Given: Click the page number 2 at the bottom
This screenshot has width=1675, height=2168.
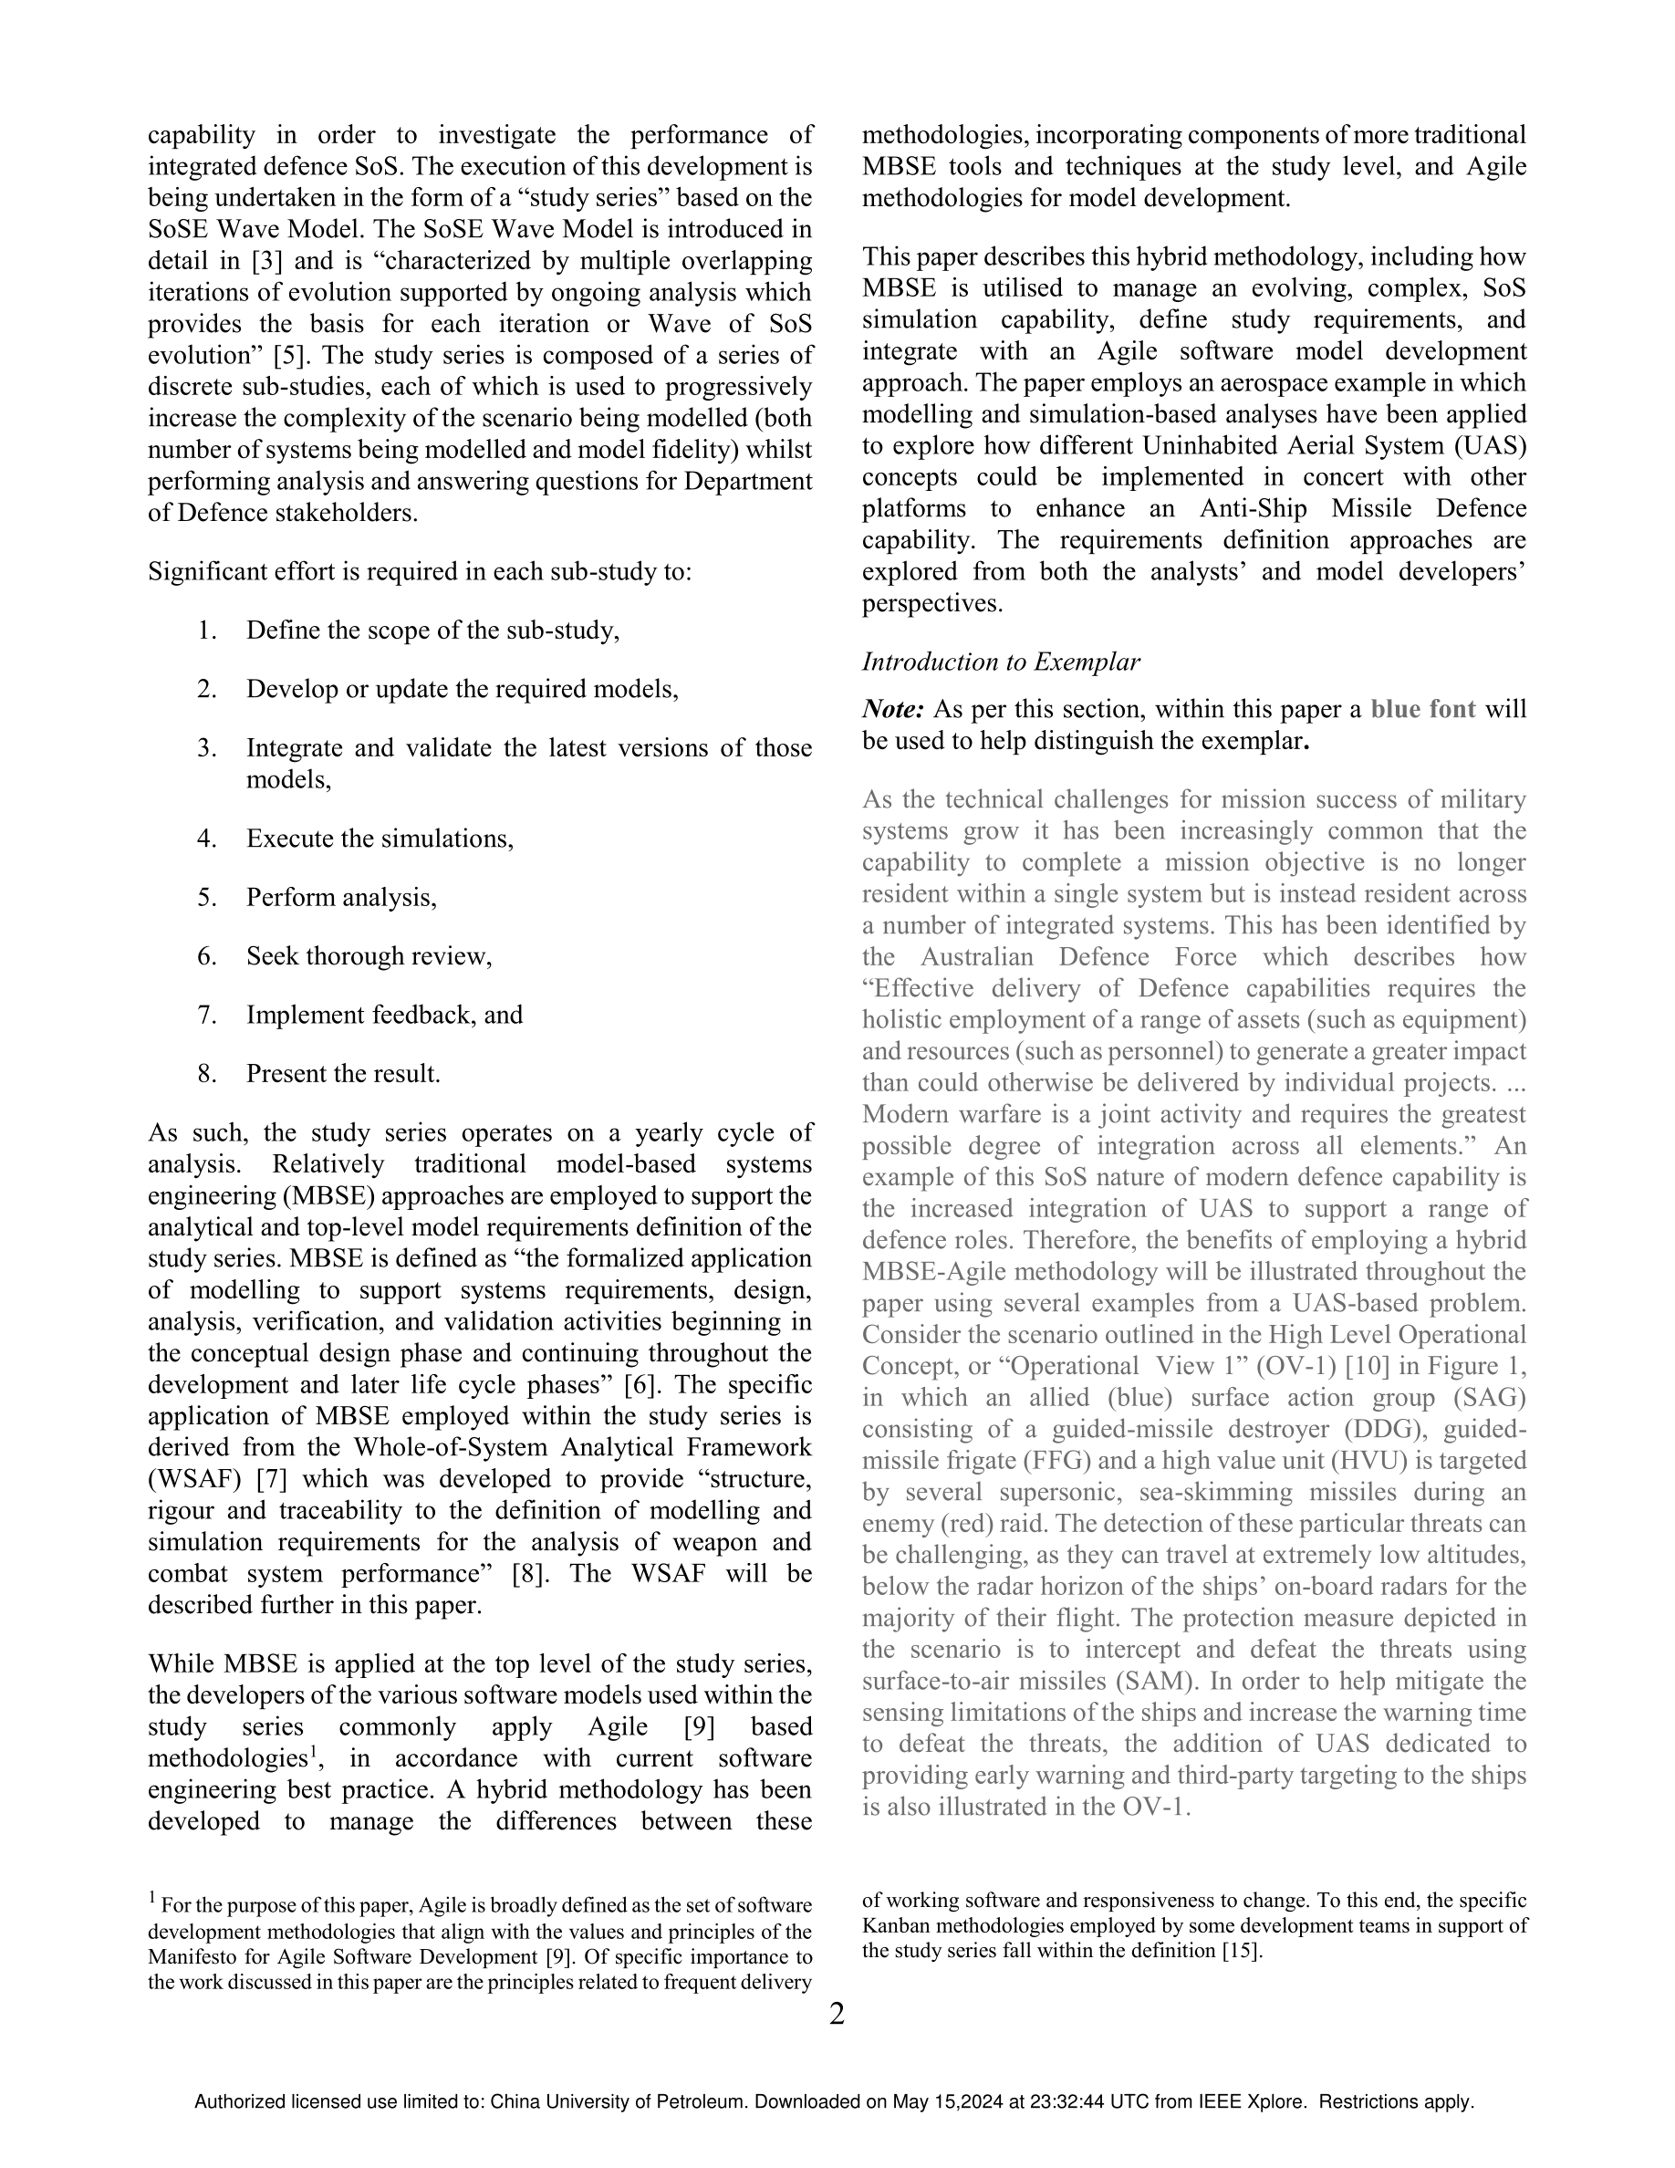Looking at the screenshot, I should tap(837, 2014).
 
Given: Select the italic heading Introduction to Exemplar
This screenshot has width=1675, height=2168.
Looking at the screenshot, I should tap(1000, 662).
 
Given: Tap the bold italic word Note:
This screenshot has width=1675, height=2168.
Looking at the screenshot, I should tap(893, 709).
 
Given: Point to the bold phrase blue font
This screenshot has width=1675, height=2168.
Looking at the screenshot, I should tap(1423, 709).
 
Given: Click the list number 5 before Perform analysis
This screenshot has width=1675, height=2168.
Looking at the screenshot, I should tap(206, 897).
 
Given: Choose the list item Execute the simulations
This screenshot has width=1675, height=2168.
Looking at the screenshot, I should tap(380, 839).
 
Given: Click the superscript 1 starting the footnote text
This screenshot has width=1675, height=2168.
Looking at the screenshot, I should tap(153, 1898).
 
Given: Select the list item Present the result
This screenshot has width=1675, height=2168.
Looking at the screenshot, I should tap(343, 1073).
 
